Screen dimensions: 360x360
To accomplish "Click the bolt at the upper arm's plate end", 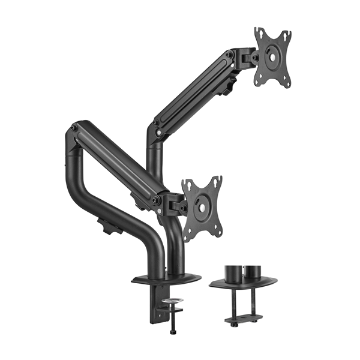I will pyautogui.click(x=230, y=56).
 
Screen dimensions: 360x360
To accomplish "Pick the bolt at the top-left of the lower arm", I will pyautogui.click(x=74, y=128).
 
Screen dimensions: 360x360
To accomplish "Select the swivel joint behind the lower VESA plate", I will pyautogui.click(x=176, y=206).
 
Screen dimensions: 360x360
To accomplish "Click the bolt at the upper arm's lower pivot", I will pyautogui.click(x=156, y=123).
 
